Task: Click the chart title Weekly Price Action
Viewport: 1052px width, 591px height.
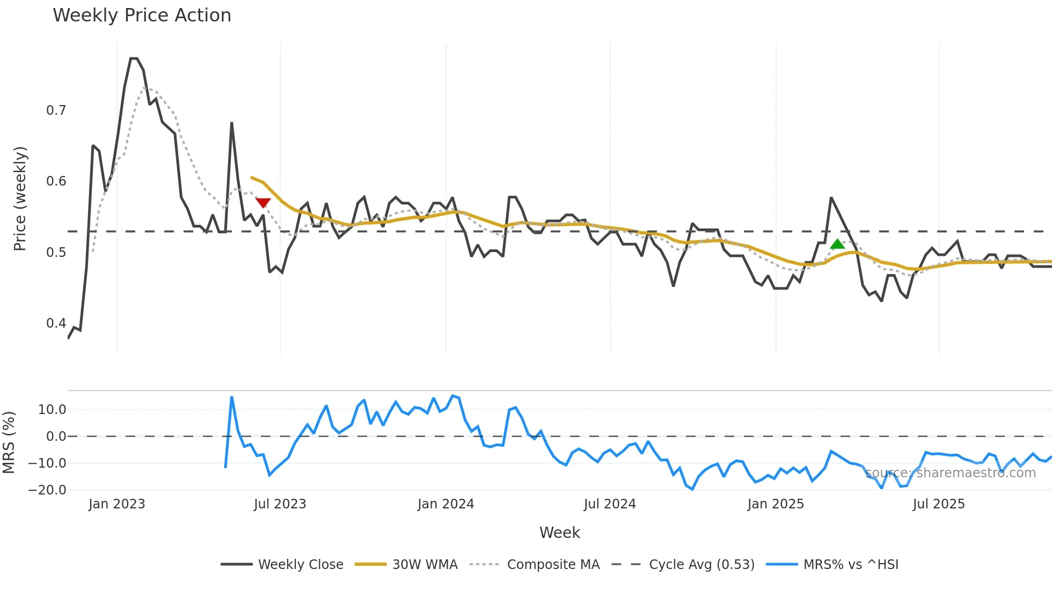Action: [x=142, y=16]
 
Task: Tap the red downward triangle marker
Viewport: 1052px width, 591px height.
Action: [x=263, y=203]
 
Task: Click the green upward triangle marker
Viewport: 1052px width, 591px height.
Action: [x=837, y=245]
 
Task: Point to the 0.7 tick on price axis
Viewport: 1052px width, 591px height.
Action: [x=56, y=110]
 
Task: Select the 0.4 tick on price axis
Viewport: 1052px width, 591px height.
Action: [x=56, y=323]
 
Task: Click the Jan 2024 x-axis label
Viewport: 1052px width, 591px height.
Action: [x=445, y=504]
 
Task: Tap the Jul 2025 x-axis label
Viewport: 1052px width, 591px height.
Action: [x=938, y=504]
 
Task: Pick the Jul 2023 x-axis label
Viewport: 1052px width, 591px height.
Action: [x=280, y=504]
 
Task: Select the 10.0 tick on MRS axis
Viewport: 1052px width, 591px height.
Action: [x=52, y=410]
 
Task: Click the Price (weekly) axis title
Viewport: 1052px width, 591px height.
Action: [x=20, y=198]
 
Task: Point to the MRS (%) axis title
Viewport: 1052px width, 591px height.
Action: [x=9, y=442]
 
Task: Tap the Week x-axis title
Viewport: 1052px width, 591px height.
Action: [x=559, y=533]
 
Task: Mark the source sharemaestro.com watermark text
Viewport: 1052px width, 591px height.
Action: [x=950, y=473]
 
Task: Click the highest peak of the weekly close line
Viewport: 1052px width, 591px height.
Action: [x=134, y=58]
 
